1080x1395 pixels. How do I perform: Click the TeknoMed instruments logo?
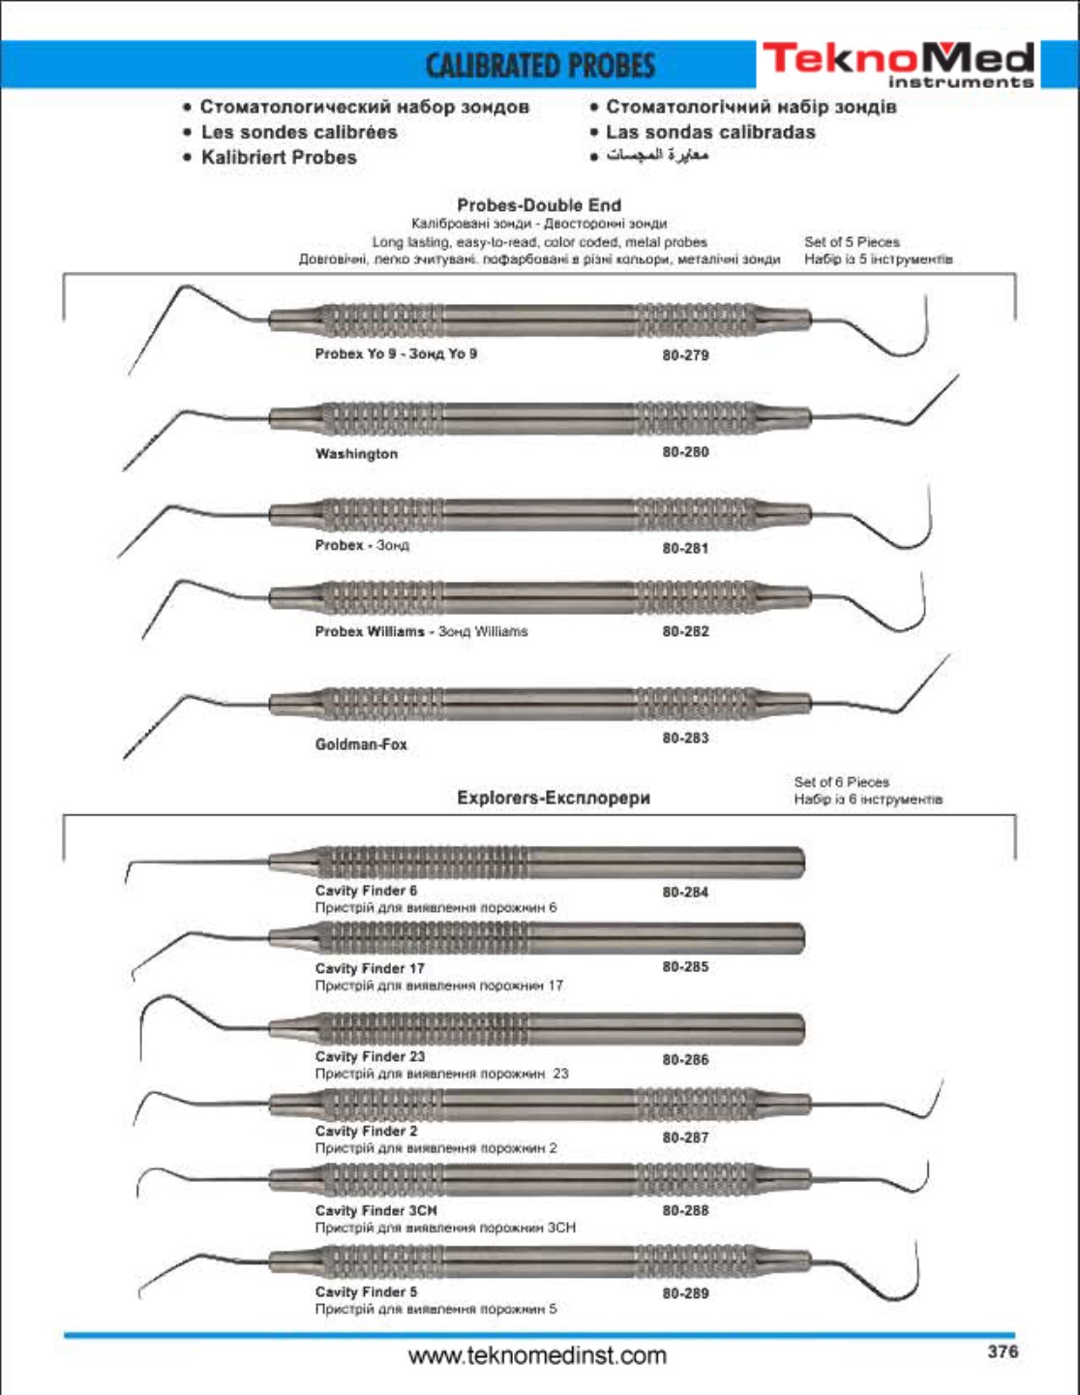[897, 64]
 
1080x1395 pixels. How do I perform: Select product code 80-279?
[685, 355]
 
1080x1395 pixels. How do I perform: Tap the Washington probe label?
[356, 454]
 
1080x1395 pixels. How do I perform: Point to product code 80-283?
[685, 738]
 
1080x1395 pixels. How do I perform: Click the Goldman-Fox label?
[361, 744]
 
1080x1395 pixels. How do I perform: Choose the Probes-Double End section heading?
[539, 205]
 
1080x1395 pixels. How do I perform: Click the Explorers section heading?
[554, 798]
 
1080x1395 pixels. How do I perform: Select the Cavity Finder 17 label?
[370, 968]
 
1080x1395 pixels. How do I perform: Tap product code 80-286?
[685, 1059]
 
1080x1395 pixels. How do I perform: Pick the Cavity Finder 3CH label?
[375, 1210]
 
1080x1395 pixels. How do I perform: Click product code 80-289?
[685, 1292]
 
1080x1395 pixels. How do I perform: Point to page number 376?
[1003, 1351]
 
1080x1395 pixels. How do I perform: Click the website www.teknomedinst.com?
[537, 1355]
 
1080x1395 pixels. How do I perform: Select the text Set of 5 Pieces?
[852, 242]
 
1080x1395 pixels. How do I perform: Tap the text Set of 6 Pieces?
[841, 781]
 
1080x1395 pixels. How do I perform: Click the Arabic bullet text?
[658, 156]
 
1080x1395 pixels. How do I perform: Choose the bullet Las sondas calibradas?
[710, 132]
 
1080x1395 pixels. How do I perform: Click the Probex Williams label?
[370, 631]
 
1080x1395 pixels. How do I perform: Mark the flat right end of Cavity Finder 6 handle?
[801, 862]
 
